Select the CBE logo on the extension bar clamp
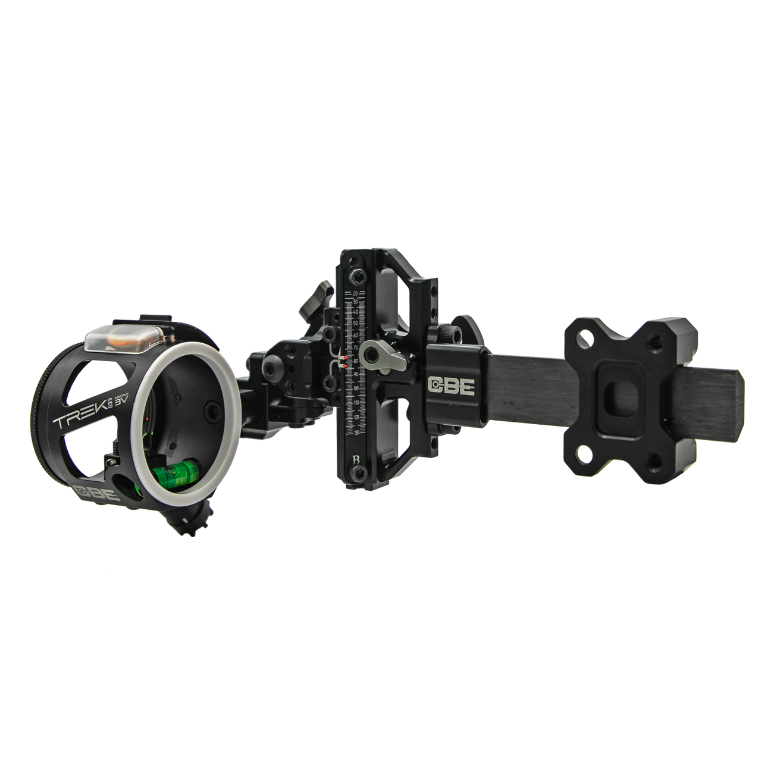(452, 385)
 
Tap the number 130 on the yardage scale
(356, 432)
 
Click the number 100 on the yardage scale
(356, 388)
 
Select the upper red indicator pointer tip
(345, 358)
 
